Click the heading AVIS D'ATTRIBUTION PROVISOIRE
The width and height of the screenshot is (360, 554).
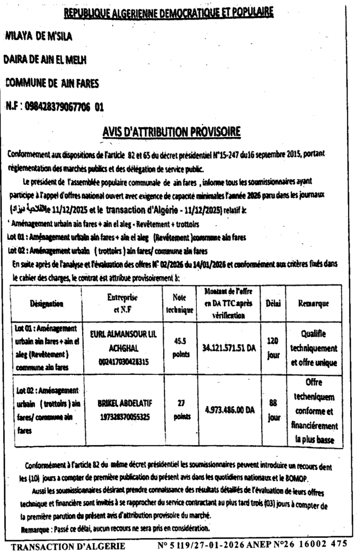(172, 131)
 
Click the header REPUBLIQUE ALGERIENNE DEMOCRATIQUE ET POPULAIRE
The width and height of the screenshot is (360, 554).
(168, 11)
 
